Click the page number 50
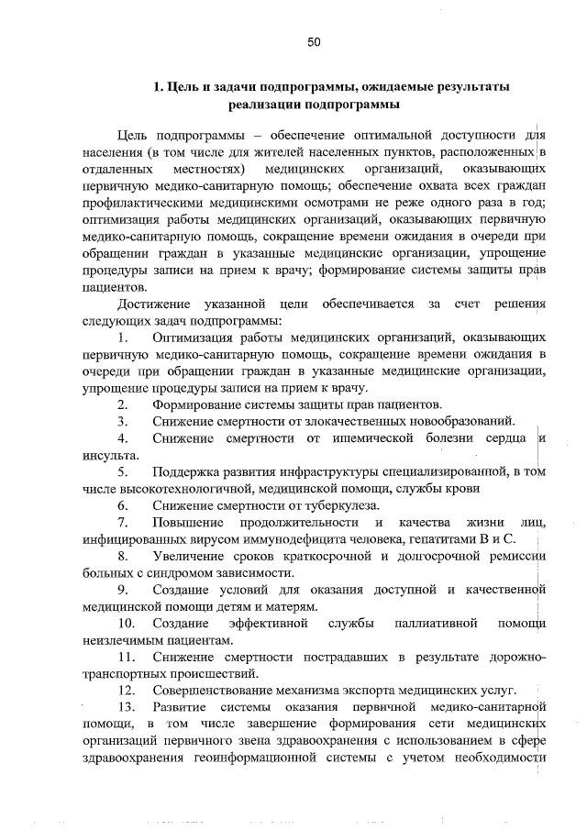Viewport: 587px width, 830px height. (314, 42)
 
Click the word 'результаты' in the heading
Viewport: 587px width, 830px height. (469, 86)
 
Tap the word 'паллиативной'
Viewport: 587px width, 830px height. (437, 624)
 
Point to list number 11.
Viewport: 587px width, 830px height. (126, 657)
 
